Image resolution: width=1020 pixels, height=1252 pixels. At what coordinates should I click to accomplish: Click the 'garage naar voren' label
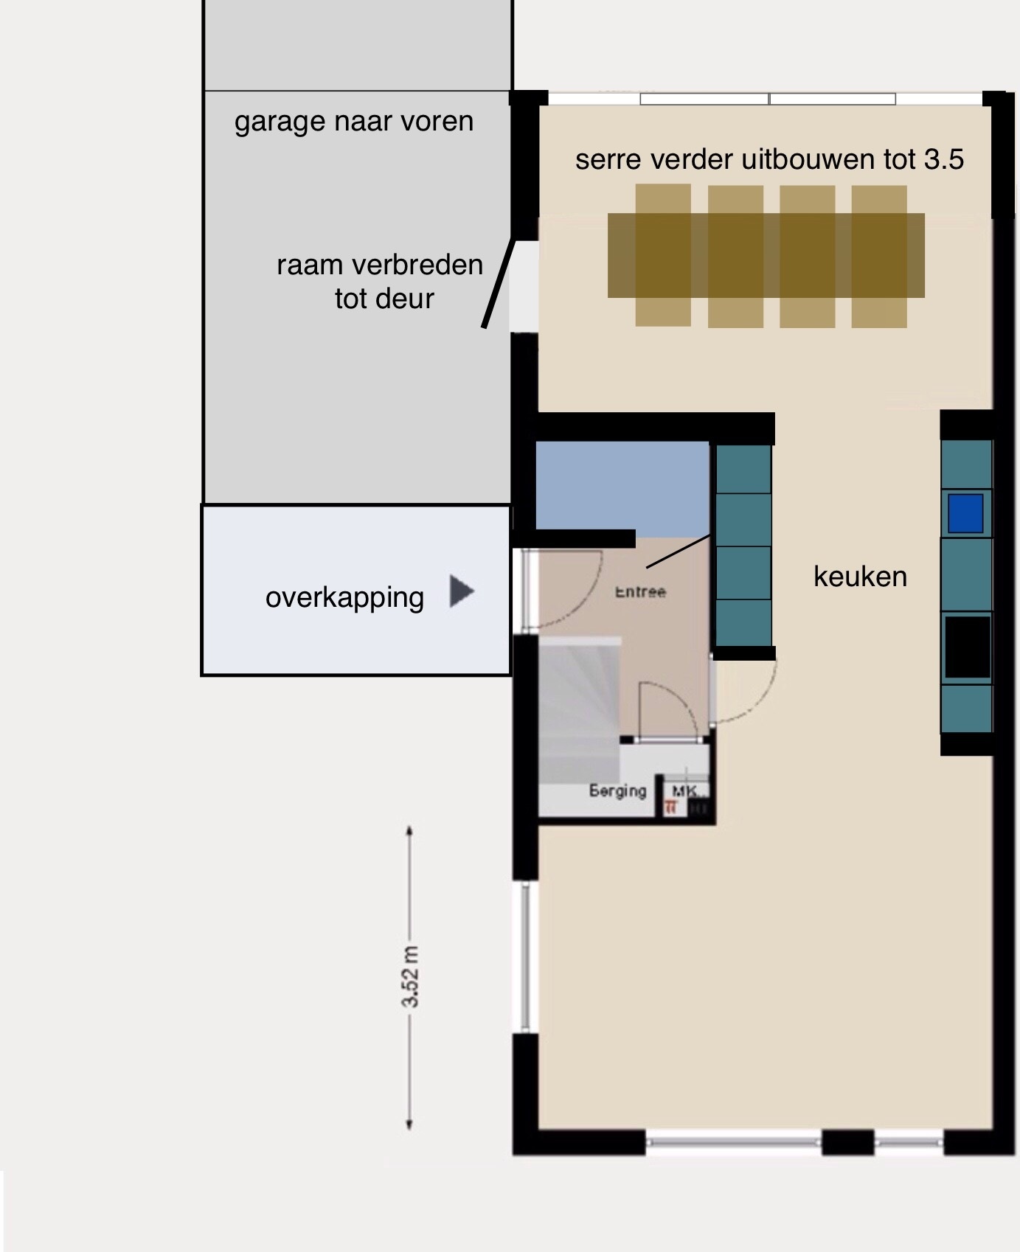[x=354, y=122]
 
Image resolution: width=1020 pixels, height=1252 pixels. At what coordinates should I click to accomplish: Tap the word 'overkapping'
[x=344, y=597]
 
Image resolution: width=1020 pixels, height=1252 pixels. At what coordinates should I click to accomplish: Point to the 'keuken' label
[x=860, y=577]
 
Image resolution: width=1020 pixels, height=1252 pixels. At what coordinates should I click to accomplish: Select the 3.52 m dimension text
[x=410, y=977]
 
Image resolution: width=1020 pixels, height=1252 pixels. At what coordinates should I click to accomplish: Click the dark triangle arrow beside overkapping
[x=461, y=591]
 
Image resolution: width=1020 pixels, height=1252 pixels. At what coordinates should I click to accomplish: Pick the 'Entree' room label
[x=640, y=591]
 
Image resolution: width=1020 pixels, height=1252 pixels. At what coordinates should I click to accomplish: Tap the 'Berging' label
[x=617, y=791]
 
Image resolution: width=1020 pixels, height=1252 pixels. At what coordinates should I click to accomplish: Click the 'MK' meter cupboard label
[x=684, y=791]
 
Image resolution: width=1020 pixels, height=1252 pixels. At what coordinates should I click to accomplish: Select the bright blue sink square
[x=965, y=513]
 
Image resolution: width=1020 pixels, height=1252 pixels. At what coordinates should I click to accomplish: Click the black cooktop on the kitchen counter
[x=967, y=647]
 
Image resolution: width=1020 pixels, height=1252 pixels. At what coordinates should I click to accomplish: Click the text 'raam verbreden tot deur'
[x=380, y=282]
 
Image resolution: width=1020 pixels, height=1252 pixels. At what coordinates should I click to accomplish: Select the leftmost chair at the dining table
[x=663, y=255]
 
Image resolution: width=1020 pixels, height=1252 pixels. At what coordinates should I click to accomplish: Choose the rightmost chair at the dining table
[x=878, y=255]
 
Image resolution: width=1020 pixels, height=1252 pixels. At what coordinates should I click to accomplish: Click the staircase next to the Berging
[x=579, y=708]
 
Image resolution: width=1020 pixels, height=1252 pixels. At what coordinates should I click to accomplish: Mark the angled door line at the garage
[x=496, y=284]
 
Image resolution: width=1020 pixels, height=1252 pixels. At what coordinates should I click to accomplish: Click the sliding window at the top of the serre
[x=768, y=99]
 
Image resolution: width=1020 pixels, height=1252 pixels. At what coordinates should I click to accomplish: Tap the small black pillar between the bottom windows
[x=847, y=1142]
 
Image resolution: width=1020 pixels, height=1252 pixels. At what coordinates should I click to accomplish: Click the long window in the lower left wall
[x=525, y=957]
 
